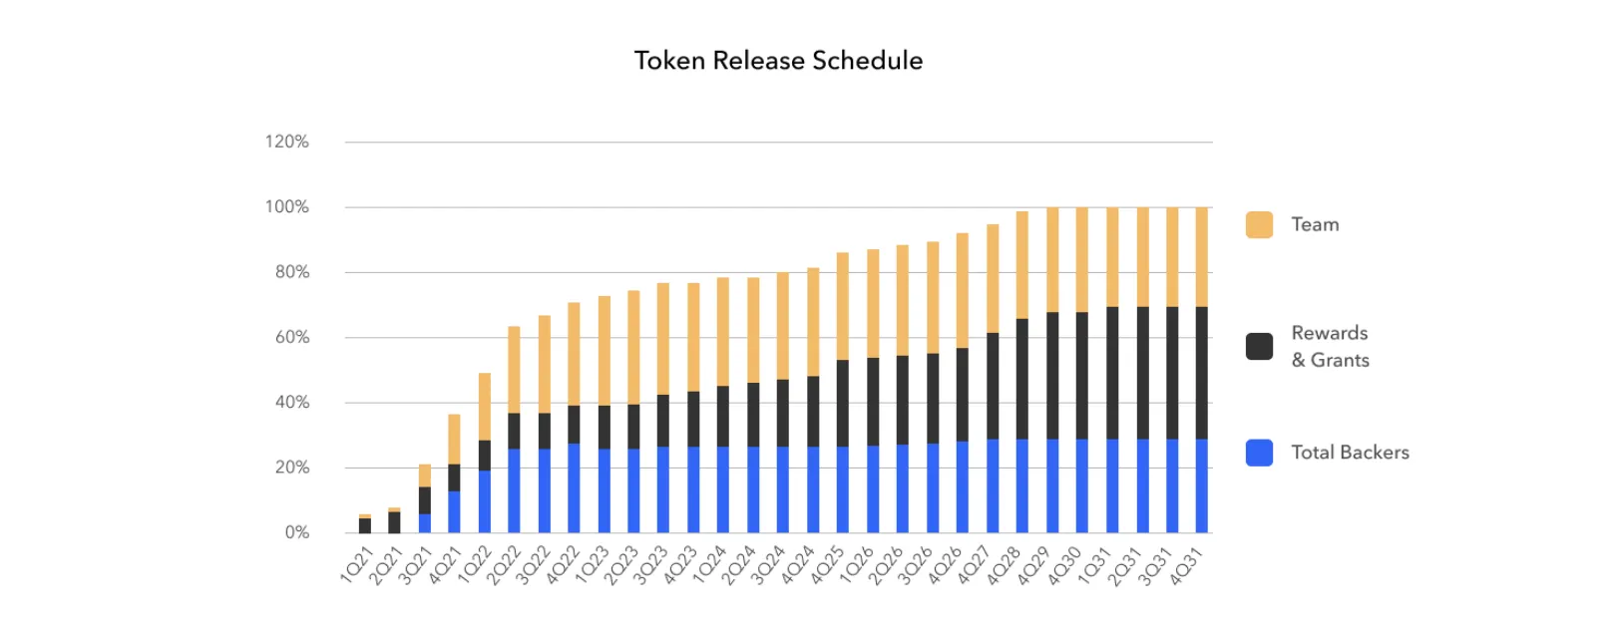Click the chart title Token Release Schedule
pyautogui.click(x=778, y=61)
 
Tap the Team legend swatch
pyautogui.click(x=1259, y=224)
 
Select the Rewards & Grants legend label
pyautogui.click(x=1330, y=346)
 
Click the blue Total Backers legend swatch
pyautogui.click(x=1259, y=453)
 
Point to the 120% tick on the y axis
pyautogui.click(x=287, y=142)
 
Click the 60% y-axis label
pyautogui.click(x=292, y=337)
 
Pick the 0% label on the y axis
pyautogui.click(x=297, y=532)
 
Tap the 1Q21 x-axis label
pyautogui.click(x=357, y=564)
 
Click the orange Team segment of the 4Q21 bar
pyautogui.click(x=454, y=439)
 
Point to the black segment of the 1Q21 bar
pyautogui.click(x=365, y=525)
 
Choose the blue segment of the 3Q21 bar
pyautogui.click(x=425, y=522)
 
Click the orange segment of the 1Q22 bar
pyautogui.click(x=485, y=406)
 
